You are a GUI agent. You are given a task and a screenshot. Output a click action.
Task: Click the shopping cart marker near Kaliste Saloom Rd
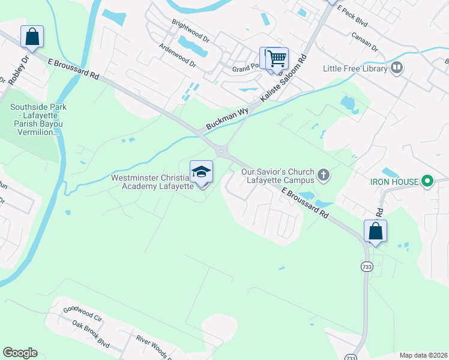point(277,59)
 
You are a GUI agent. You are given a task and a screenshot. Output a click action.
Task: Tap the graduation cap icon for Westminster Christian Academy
point(202,172)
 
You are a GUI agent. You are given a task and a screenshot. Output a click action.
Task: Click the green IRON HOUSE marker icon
point(427,180)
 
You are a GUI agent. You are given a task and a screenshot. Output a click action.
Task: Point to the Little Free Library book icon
point(396,68)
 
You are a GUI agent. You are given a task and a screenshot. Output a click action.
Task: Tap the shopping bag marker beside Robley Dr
point(32,37)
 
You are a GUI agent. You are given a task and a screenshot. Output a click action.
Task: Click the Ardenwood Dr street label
point(177,55)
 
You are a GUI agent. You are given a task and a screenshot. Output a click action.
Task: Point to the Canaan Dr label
point(366,40)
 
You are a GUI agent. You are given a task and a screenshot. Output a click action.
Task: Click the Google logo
point(20,353)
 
